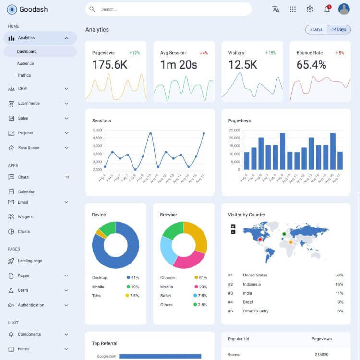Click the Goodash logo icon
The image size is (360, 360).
pyautogui.click(x=12, y=9)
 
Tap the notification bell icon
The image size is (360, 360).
pyautogui.click(x=327, y=9)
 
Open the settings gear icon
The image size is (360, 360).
pyautogui.click(x=310, y=9)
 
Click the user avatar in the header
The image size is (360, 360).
pyautogui.click(x=344, y=9)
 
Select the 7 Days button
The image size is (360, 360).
pyautogui.click(x=316, y=30)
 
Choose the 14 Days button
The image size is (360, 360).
pyautogui.click(x=338, y=30)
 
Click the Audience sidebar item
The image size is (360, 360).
pyautogui.click(x=25, y=63)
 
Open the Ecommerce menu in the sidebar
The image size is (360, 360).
pyautogui.click(x=29, y=103)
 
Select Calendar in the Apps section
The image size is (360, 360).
pyautogui.click(x=26, y=192)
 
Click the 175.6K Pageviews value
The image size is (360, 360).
pyautogui.click(x=110, y=65)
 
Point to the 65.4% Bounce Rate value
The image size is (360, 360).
pyautogui.click(x=311, y=65)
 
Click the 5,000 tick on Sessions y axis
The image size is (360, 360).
pyautogui.click(x=97, y=130)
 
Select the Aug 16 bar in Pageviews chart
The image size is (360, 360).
pyautogui.click(x=333, y=152)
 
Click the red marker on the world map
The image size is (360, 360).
pyautogui.click(x=260, y=239)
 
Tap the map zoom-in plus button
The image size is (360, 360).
pyautogui.click(x=233, y=226)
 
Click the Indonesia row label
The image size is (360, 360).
pyautogui.click(x=252, y=284)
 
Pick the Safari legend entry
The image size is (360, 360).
pyautogui.click(x=166, y=296)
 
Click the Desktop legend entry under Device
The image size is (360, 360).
pyautogui.click(x=99, y=278)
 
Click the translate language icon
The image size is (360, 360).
pyautogui.click(x=276, y=9)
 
